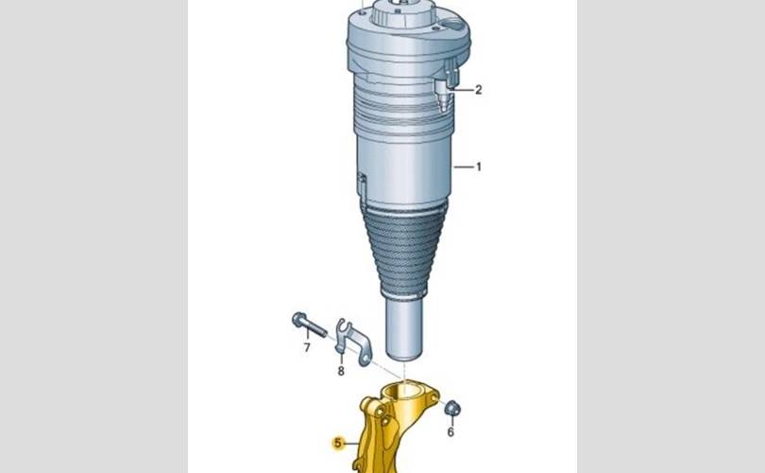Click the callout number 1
click(479, 167)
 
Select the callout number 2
click(478, 90)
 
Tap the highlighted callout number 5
click(337, 443)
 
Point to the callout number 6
click(450, 432)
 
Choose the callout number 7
click(307, 347)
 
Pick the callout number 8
click(341, 372)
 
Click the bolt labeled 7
click(309, 324)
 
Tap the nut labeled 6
click(452, 408)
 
